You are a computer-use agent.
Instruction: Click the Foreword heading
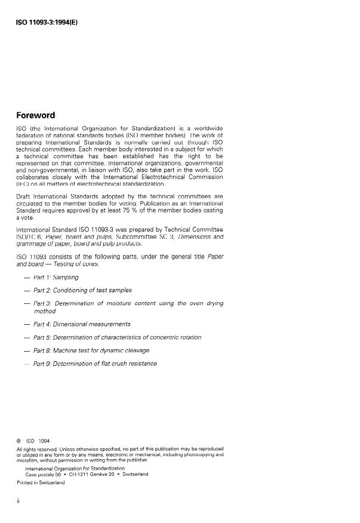coord(36,115)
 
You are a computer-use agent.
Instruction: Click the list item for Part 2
coord(82,290)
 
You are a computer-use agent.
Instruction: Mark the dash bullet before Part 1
coord(27,278)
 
